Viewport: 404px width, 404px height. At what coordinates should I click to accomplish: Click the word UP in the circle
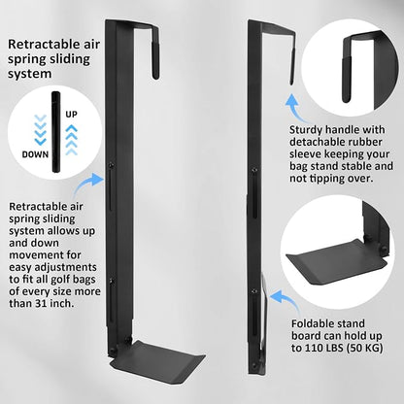coord(71,115)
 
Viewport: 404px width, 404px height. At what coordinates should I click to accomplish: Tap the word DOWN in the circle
coord(35,154)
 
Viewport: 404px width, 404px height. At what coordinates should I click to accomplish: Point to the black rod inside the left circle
coord(56,132)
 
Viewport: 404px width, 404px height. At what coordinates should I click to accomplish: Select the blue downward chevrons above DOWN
coord(41,129)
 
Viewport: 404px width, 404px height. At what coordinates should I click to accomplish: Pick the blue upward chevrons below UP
coord(72,140)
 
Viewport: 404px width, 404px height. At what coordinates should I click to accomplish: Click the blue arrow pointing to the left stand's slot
coord(87,184)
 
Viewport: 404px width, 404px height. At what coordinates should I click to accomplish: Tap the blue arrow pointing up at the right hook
coord(295,108)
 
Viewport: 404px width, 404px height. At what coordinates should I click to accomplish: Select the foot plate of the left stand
coord(157,360)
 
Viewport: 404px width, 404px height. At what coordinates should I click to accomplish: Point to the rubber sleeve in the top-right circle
coord(347,80)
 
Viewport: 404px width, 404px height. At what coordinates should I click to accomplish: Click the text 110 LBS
coord(326,348)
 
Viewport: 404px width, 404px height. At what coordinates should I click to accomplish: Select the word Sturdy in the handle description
coord(306,130)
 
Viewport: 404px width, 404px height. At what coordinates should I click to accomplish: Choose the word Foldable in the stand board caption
coord(312,323)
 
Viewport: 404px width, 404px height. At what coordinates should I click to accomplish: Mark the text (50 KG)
coord(367,348)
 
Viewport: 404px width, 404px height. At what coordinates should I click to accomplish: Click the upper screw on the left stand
coord(112,165)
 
